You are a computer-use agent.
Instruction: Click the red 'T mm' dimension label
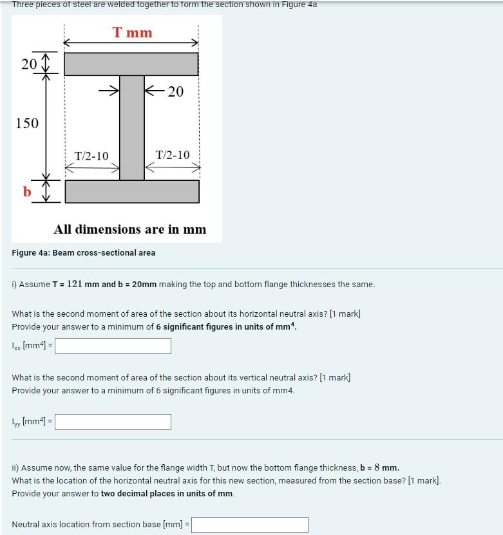[132, 32]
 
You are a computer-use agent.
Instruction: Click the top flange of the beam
[131, 64]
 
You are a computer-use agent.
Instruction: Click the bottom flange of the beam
[131, 191]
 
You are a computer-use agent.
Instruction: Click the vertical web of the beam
[131, 127]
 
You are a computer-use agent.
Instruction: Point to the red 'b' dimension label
[26, 191]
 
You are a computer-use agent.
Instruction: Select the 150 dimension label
[27, 123]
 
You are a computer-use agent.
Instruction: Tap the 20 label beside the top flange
[28, 64]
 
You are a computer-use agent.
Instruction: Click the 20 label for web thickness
[175, 92]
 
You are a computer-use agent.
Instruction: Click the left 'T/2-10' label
[91, 156]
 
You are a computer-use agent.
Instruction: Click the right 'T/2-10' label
[173, 155]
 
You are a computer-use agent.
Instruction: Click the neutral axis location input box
[250, 525]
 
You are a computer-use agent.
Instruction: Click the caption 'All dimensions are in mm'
[130, 230]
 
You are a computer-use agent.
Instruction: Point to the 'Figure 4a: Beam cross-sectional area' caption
[84, 253]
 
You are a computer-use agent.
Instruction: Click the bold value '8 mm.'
[386, 468]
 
